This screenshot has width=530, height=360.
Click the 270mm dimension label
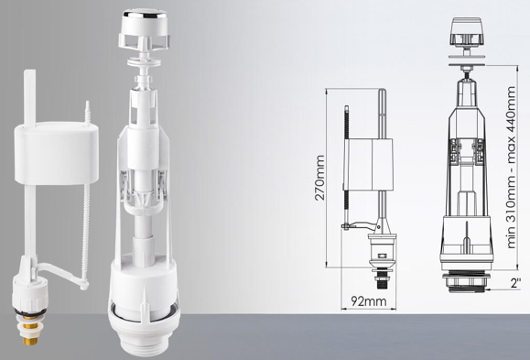[x=319, y=178]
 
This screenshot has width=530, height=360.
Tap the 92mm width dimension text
[x=368, y=300]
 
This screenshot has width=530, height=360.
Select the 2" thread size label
[x=515, y=283]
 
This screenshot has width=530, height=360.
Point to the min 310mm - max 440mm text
[x=511, y=168]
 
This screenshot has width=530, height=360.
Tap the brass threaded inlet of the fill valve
[x=30, y=329]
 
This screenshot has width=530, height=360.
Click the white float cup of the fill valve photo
[x=56, y=153]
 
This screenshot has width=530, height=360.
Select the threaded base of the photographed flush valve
[x=145, y=341]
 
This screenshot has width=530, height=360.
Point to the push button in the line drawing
[x=467, y=32]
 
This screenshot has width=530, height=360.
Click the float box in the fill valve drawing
[x=369, y=165]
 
